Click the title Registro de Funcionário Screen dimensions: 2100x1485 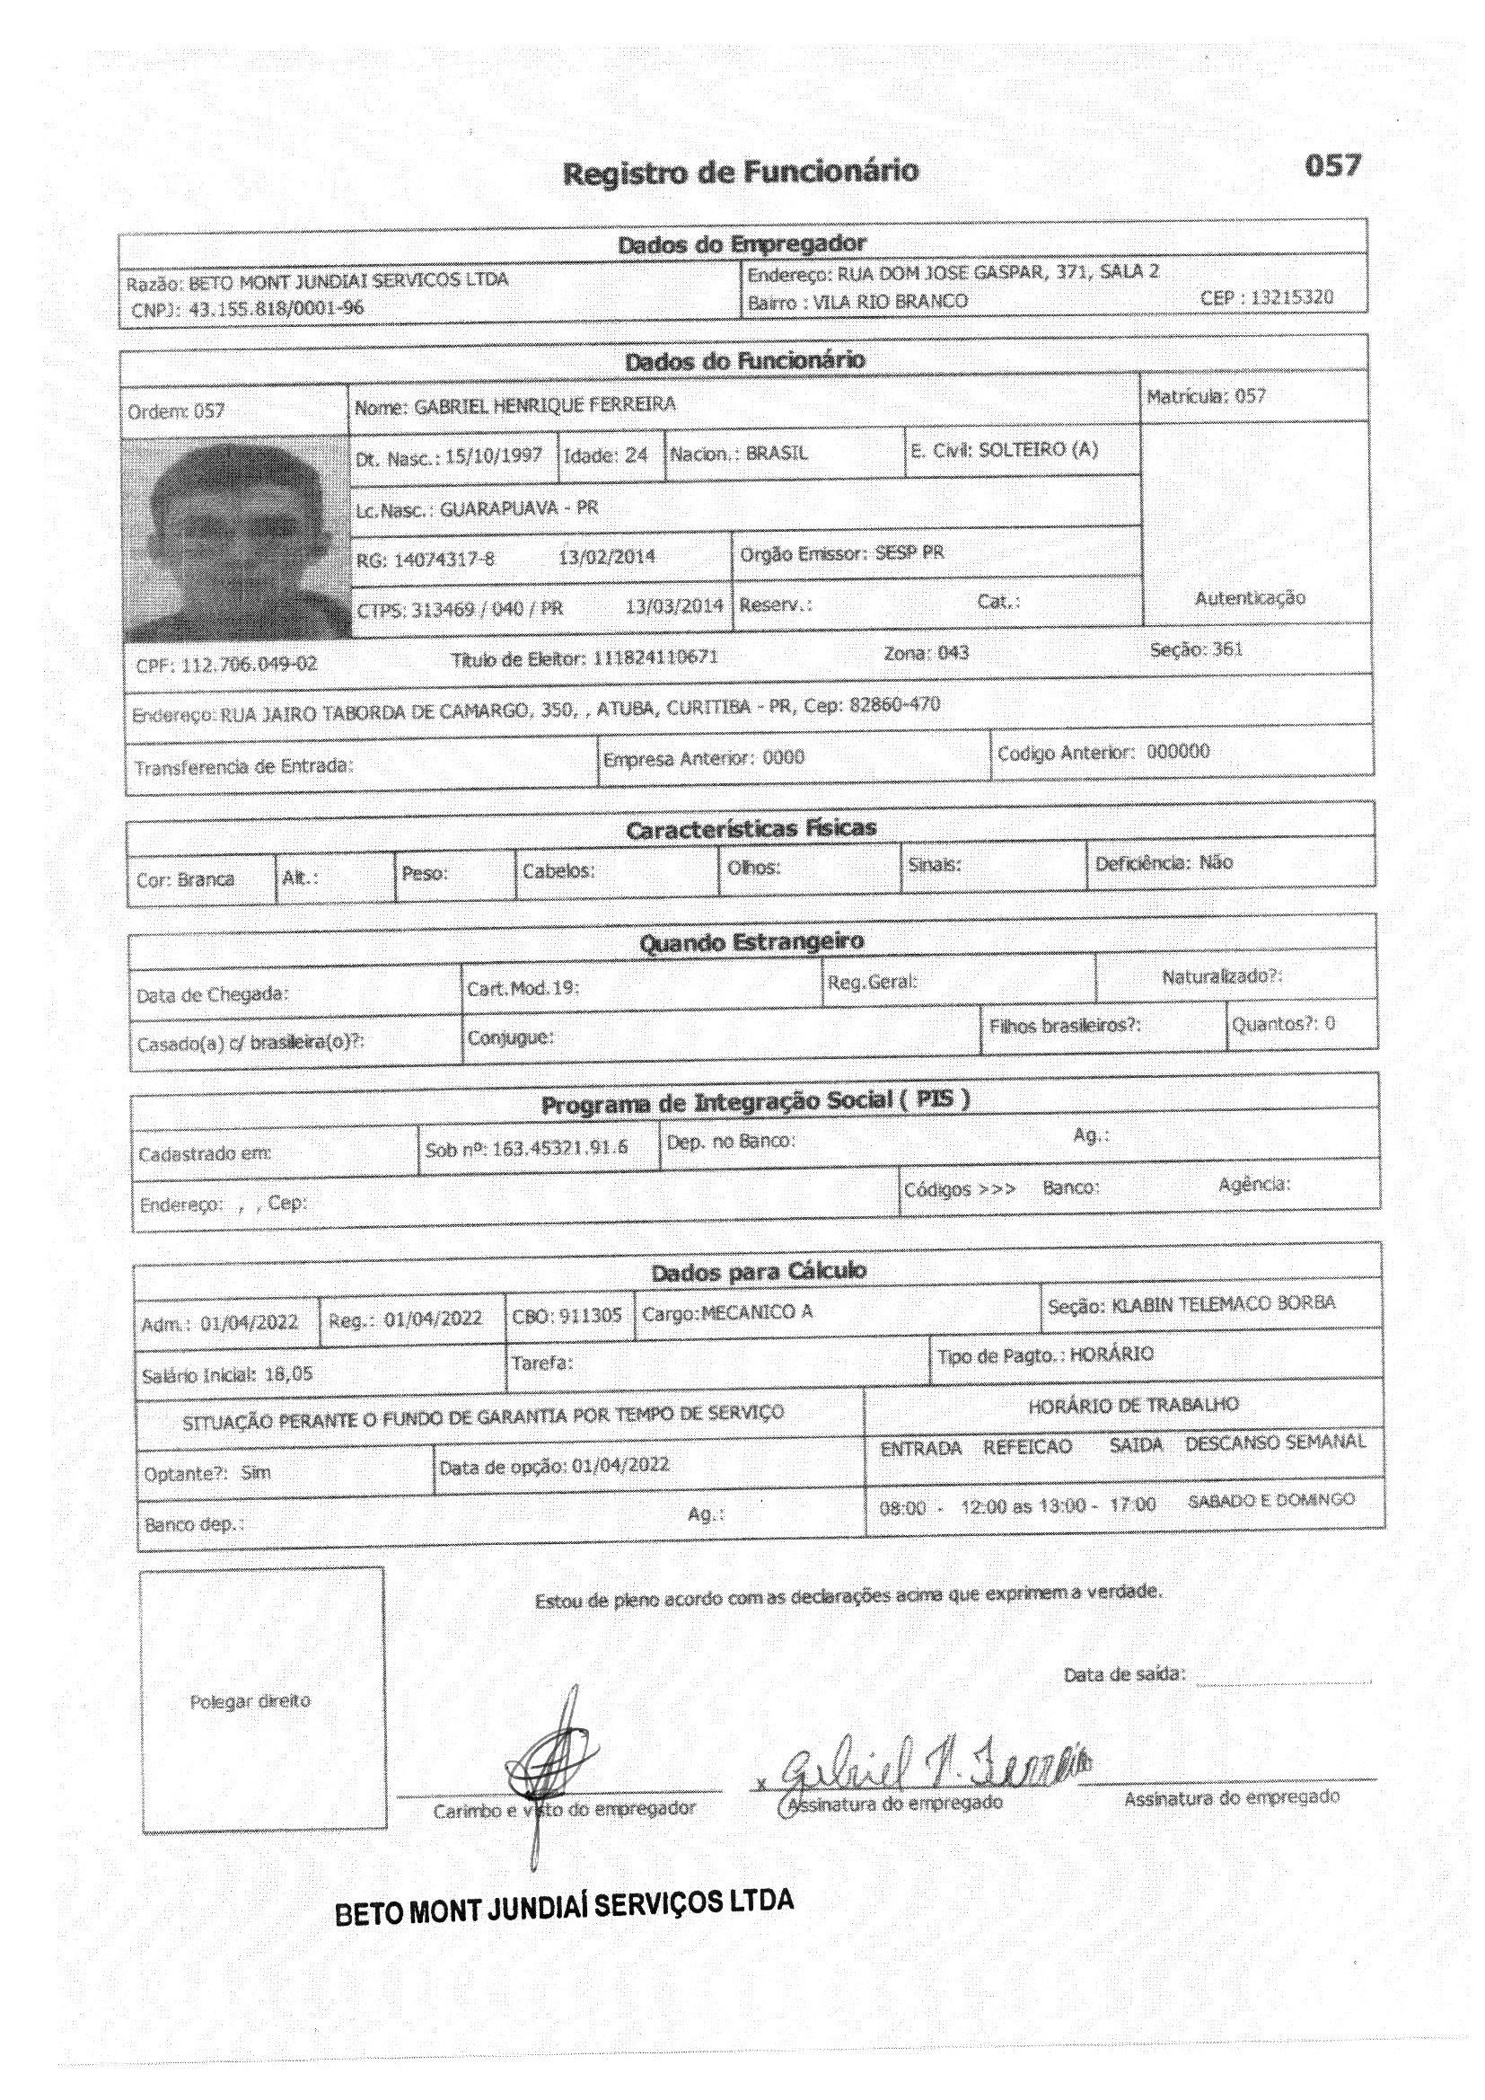click(x=741, y=172)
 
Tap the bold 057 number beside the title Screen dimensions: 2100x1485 click(x=1332, y=165)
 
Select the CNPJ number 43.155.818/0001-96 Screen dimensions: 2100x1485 click(x=277, y=308)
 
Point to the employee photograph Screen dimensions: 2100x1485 click(x=236, y=540)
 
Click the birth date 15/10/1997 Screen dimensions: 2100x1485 click(x=494, y=455)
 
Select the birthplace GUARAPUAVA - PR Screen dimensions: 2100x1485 click(x=518, y=507)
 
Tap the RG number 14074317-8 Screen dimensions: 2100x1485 click(x=444, y=559)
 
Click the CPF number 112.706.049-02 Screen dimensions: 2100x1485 click(x=249, y=664)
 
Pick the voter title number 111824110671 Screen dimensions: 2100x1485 click(x=655, y=657)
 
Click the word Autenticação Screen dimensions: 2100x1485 click(x=1250, y=597)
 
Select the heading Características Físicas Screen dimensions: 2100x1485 click(x=751, y=829)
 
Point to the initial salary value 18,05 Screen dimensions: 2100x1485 click(x=288, y=1373)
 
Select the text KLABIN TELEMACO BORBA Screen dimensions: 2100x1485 click(x=1223, y=1303)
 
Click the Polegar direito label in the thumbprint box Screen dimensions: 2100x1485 click(x=250, y=1701)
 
